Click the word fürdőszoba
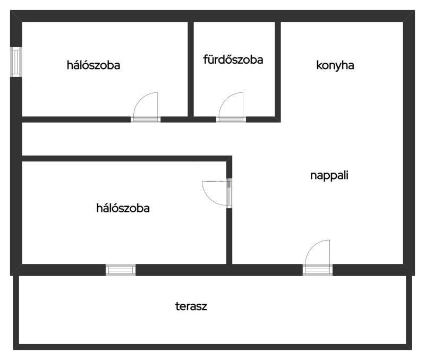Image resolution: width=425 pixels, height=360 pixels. (233, 59)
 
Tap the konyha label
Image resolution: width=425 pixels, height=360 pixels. (335, 65)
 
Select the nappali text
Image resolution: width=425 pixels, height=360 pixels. (329, 175)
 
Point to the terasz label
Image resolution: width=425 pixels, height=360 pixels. (191, 306)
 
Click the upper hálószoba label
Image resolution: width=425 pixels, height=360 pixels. (93, 65)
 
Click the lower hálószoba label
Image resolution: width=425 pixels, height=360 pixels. (123, 208)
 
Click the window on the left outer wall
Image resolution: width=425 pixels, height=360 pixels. (16, 62)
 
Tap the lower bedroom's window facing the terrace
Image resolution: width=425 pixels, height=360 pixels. (121, 270)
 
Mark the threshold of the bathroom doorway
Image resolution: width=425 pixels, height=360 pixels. (231, 119)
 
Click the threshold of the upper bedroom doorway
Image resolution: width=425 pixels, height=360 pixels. (146, 119)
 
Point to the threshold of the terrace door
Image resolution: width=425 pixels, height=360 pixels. (318, 270)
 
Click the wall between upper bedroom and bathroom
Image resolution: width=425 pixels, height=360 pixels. (191, 69)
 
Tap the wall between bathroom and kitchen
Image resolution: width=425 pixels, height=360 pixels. (278, 69)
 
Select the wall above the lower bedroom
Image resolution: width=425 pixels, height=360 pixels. (127, 158)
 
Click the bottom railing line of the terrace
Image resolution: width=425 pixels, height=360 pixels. (212, 347)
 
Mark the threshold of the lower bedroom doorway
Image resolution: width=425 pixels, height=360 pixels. (229, 193)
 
